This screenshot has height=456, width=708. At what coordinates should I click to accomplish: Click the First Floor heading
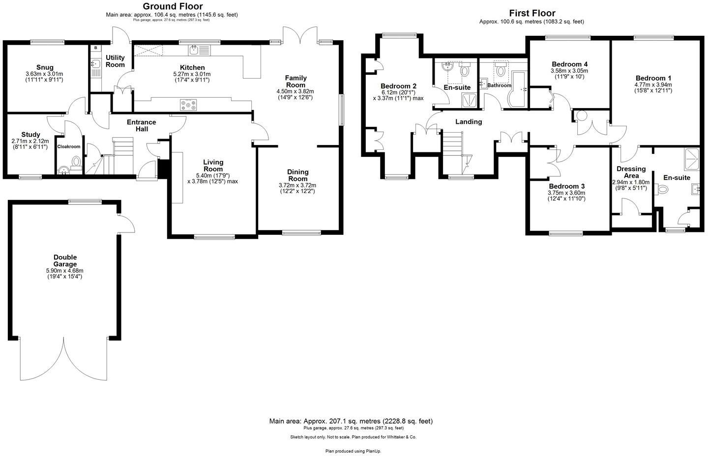click(532, 13)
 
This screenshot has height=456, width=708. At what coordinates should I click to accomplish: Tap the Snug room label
click(44, 67)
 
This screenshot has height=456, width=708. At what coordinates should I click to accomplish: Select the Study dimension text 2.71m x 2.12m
click(30, 141)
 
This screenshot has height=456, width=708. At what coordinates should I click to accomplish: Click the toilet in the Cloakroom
click(76, 161)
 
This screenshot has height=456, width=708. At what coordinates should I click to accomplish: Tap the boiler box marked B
click(95, 48)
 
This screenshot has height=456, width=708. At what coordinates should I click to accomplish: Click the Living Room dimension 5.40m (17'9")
click(213, 175)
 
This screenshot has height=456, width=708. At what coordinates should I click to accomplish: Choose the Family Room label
click(295, 81)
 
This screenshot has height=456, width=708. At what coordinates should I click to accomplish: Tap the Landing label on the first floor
click(468, 121)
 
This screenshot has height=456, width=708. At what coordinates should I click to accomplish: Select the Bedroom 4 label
click(569, 64)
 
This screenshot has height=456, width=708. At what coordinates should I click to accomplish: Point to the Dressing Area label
click(631, 172)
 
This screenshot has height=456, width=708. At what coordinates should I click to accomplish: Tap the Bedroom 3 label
click(566, 186)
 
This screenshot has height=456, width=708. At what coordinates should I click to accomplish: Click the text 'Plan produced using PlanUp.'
click(353, 451)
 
